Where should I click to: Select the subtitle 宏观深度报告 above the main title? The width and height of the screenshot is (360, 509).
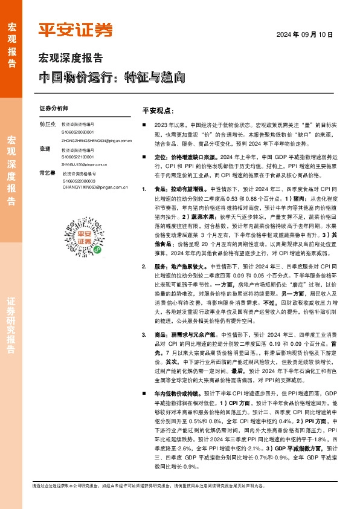click(x=71, y=59)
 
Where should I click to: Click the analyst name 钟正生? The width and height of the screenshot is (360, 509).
click(x=47, y=124)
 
